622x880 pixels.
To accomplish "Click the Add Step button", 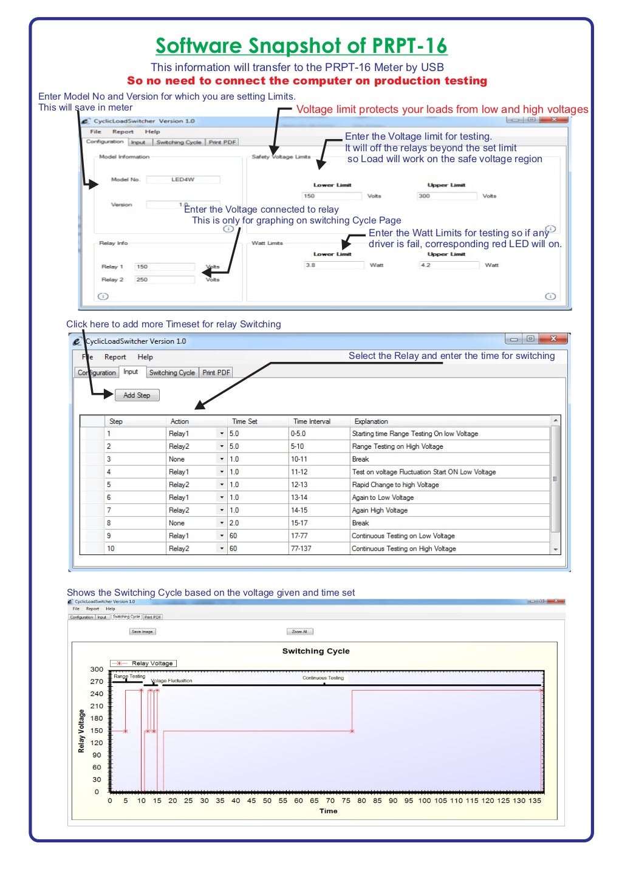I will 137,395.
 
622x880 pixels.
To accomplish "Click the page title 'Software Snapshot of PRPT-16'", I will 301,46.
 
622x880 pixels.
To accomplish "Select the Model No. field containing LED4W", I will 183,180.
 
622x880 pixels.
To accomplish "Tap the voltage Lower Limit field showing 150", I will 332,196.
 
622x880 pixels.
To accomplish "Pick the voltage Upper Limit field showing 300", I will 446,196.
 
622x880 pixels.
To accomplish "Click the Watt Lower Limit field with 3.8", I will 334,265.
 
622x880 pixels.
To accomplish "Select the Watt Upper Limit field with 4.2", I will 449,265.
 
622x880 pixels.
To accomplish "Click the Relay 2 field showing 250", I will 164,280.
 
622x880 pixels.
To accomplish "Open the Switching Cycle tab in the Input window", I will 172,373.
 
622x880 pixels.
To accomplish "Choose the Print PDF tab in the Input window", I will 216,373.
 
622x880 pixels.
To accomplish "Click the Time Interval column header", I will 312,421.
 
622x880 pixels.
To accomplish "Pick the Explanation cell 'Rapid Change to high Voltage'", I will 395,485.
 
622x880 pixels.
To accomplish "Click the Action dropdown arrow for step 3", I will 222,460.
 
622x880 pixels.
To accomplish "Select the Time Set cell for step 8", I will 258,524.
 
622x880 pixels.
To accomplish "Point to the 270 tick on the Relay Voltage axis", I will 97,682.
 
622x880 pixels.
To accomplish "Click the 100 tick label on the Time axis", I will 424,801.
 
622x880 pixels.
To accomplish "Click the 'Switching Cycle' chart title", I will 316,651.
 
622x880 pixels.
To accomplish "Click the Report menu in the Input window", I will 115,358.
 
